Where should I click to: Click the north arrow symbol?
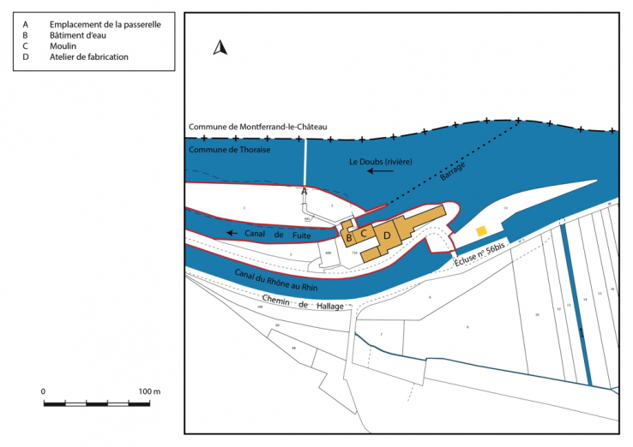220,48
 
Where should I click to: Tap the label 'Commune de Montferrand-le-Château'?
258,127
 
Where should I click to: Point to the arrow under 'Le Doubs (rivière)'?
381,171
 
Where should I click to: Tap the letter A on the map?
304,193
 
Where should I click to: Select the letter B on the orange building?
349,237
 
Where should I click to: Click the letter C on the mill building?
364,233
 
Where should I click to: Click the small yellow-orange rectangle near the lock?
482,230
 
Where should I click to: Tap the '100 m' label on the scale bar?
149,391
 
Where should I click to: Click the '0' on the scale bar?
44,391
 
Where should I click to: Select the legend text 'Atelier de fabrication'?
89,57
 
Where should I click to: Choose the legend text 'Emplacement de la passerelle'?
105,24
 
